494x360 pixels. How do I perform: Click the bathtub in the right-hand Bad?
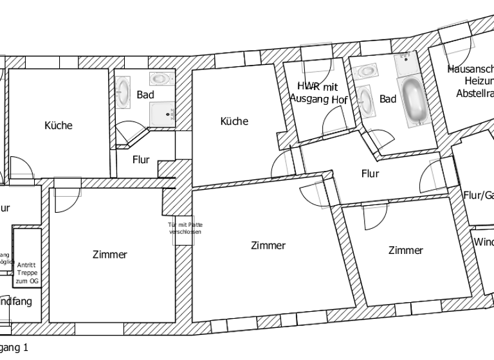(415, 102)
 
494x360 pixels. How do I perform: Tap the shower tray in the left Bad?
(162, 114)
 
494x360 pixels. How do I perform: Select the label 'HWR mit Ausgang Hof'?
(318, 93)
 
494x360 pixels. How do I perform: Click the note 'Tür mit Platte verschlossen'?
(185, 228)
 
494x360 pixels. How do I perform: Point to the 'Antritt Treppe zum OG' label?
(27, 273)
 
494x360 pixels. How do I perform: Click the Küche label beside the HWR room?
(234, 121)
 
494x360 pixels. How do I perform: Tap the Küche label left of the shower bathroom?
(58, 125)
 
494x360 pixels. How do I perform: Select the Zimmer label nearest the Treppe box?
(110, 255)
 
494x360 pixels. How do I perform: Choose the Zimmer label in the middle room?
(268, 245)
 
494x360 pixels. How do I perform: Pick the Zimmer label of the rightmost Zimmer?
(406, 250)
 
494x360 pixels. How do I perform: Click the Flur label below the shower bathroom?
(141, 160)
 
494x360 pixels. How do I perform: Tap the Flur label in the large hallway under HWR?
(370, 174)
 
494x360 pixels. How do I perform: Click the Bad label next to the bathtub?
(388, 99)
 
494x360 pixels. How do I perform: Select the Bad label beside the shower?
(145, 94)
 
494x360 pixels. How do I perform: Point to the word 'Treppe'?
(27, 273)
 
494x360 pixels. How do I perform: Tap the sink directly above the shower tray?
(160, 79)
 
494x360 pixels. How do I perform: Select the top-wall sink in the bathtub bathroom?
(368, 70)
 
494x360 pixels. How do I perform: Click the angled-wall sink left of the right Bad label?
(367, 100)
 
